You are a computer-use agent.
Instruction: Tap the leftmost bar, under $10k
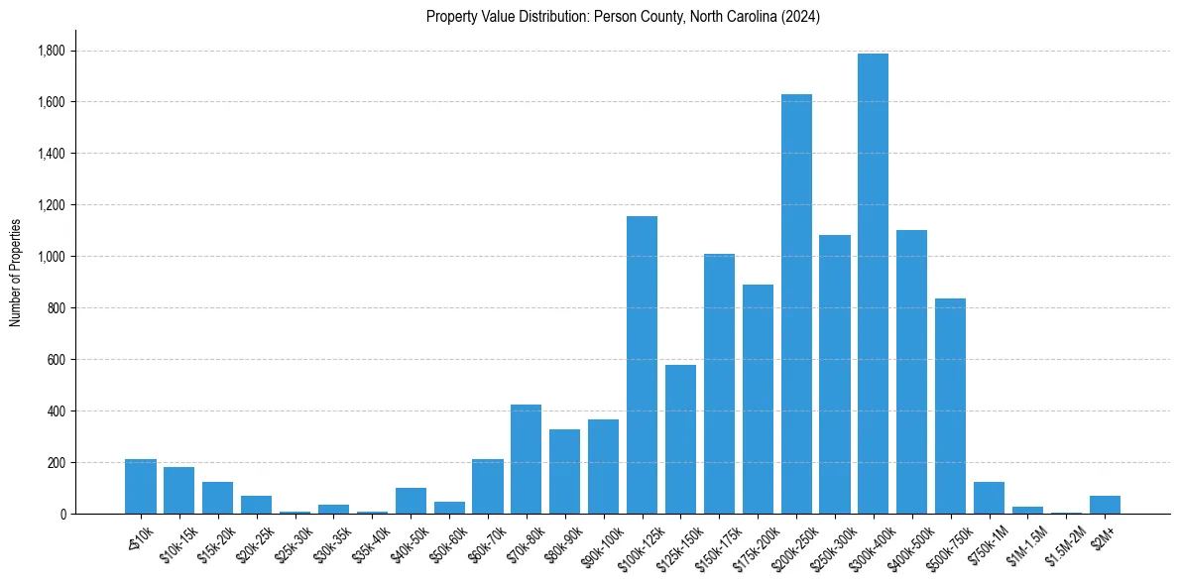(141, 487)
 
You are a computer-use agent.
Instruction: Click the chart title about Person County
(623, 17)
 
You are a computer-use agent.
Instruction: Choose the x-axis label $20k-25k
(250, 541)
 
